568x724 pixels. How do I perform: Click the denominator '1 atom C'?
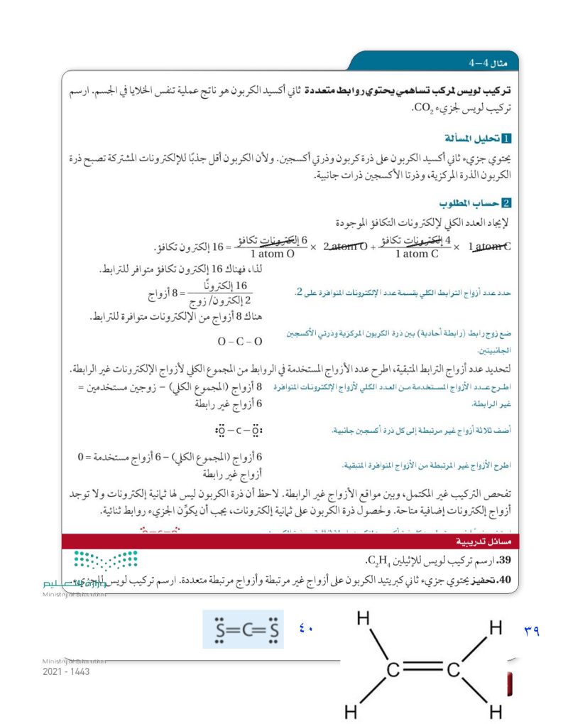[x=417, y=254]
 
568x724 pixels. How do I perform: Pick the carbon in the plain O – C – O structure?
[x=240, y=342]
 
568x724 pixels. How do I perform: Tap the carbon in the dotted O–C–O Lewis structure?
[x=239, y=431]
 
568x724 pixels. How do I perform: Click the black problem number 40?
[x=506, y=581]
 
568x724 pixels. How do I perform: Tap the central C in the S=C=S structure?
[x=243, y=630]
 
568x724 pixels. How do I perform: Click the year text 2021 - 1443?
[x=66, y=671]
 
